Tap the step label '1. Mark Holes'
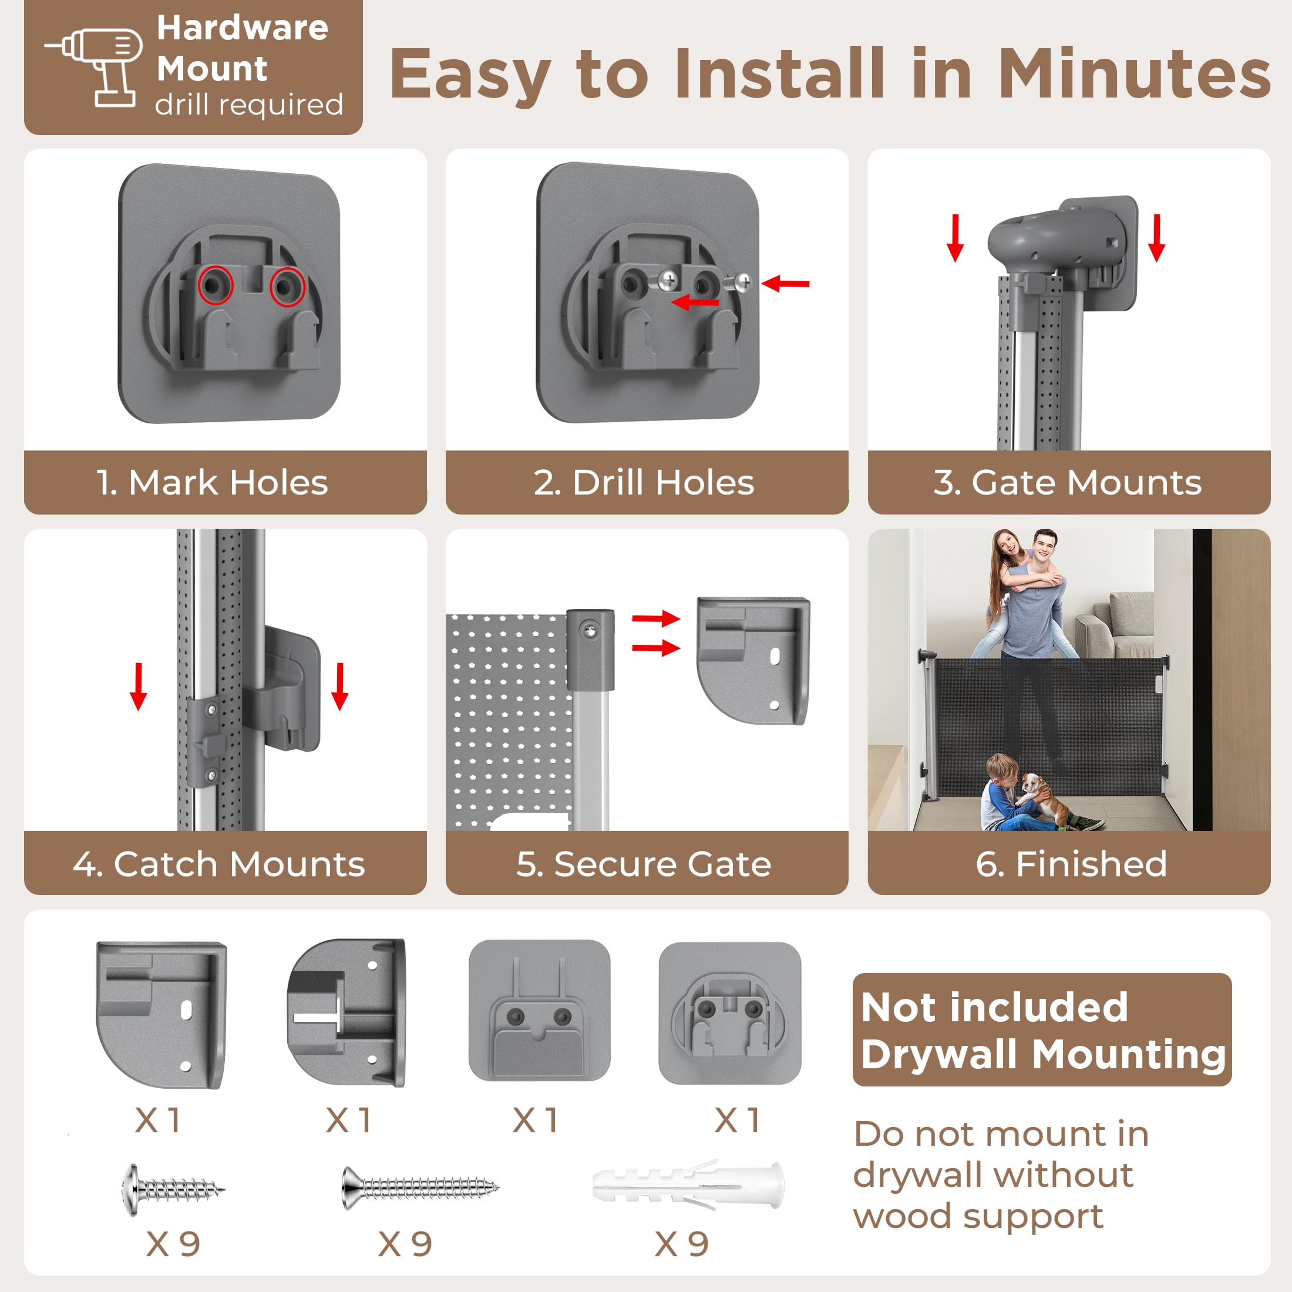(212, 483)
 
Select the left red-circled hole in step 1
(216, 285)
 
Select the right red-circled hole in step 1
(288, 288)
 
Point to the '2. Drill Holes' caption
(644, 483)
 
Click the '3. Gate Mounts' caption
(1068, 483)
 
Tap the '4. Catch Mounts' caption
(219, 864)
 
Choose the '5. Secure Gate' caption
(644, 864)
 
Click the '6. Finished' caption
(1071, 864)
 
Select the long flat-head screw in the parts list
(420, 1187)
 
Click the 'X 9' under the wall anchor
(682, 1244)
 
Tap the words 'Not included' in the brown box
(995, 1007)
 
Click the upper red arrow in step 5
(656, 618)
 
